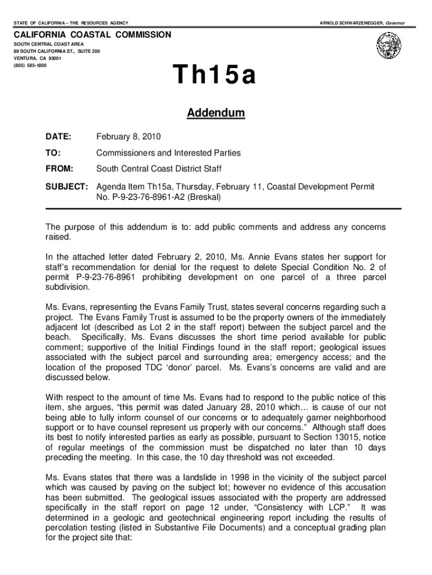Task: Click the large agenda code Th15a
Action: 215,77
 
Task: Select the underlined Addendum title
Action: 216,113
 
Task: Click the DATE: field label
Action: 58,136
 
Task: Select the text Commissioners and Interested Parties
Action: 168,153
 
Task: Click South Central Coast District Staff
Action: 159,168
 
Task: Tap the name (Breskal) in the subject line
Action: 205,198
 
